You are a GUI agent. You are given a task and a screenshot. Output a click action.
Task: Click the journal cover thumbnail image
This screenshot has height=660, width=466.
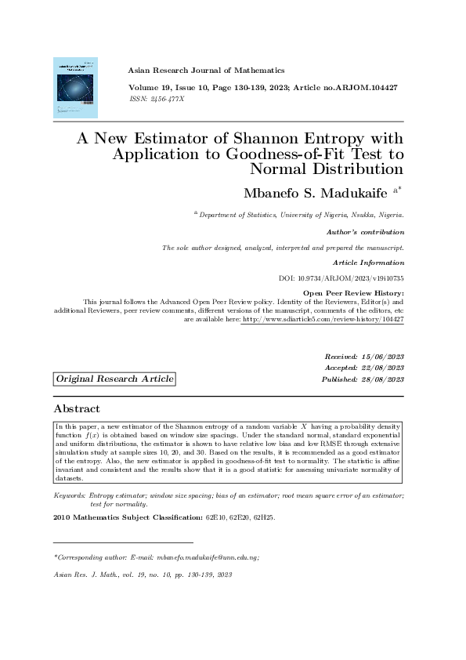[x=75, y=87]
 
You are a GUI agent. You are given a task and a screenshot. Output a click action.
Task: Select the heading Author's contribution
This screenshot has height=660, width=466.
[x=365, y=232]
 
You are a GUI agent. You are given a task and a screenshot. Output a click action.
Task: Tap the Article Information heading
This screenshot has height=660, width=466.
[x=368, y=262]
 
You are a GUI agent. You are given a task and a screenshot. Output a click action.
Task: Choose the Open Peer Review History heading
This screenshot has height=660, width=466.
[x=352, y=293]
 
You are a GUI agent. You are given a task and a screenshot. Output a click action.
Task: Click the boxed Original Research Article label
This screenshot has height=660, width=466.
[x=114, y=379]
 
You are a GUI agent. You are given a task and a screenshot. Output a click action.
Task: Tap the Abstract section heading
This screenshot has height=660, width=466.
[x=76, y=409]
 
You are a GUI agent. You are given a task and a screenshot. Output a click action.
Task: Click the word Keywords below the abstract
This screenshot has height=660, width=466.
[x=68, y=496]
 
